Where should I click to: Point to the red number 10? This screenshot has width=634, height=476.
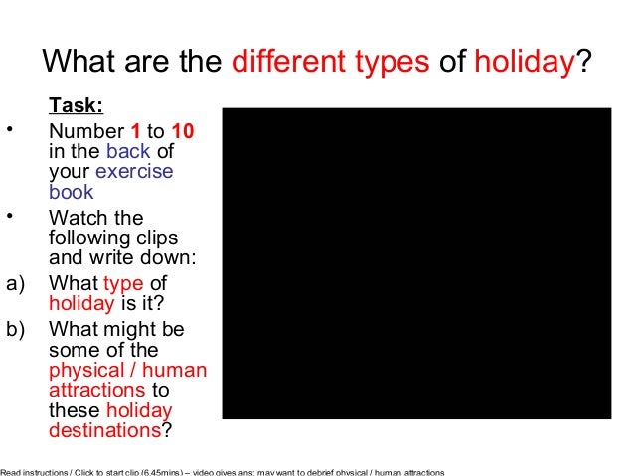tap(182, 130)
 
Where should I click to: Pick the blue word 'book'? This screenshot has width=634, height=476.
tap(71, 192)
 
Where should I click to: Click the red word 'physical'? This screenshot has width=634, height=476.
tap(84, 371)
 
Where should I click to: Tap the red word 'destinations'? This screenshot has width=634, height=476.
tap(103, 431)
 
